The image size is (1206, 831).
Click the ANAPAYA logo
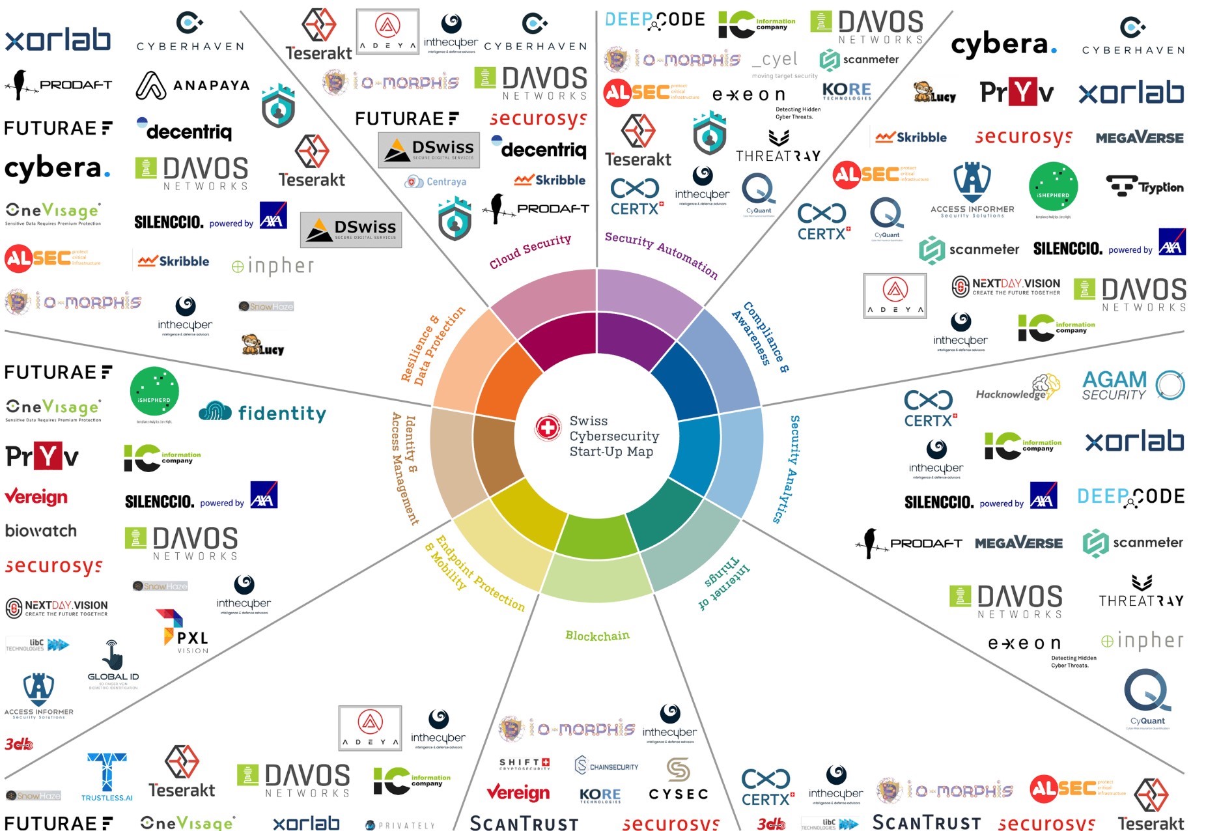[192, 85]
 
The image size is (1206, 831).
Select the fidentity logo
[262, 412]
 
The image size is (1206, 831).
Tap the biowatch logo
[40, 531]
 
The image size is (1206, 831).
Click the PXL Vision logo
[182, 631]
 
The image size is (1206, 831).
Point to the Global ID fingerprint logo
[113, 664]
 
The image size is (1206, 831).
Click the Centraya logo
[436, 182]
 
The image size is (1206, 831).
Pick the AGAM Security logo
[1132, 385]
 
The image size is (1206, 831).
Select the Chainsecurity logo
[606, 766]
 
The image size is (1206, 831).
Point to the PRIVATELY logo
[400, 825]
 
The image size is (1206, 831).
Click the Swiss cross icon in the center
[548, 428]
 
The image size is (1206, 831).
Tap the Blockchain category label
[597, 636]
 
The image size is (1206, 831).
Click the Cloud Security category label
[530, 251]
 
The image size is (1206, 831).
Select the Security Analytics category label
[786, 469]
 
